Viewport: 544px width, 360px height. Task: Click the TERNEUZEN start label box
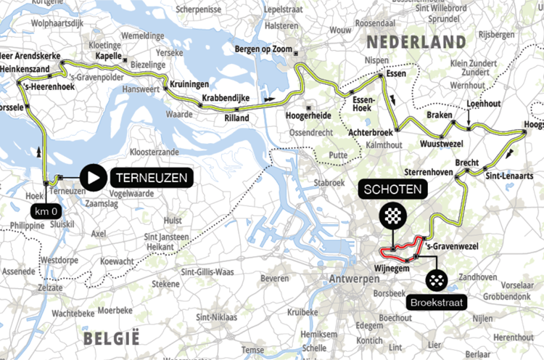(x=150, y=176)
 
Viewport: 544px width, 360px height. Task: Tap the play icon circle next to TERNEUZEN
(x=93, y=176)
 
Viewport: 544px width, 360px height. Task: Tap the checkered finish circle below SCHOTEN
(x=392, y=216)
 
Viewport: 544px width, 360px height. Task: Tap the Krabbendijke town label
(x=226, y=97)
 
